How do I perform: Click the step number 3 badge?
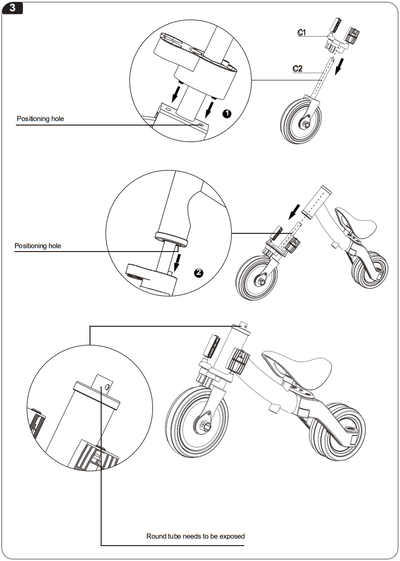(x=13, y=8)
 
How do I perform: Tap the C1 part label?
(x=302, y=32)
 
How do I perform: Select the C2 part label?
(x=297, y=69)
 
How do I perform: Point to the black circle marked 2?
(x=199, y=273)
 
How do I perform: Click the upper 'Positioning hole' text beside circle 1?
(x=40, y=119)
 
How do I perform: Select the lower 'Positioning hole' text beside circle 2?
(x=38, y=246)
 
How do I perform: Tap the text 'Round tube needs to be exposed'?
(x=195, y=536)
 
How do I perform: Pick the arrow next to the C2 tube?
(x=342, y=66)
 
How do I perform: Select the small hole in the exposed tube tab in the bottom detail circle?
(x=108, y=387)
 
